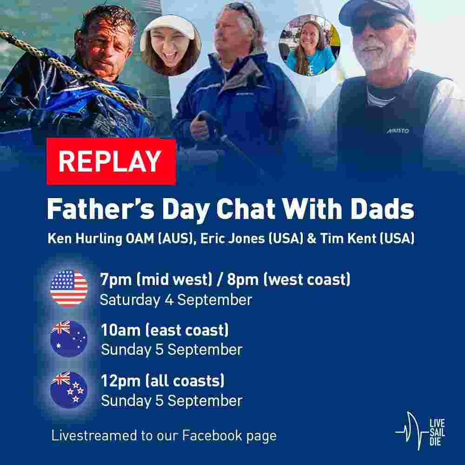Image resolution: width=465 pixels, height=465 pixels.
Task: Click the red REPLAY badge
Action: tap(111, 161)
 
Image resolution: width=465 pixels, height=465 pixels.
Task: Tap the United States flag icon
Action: tap(69, 288)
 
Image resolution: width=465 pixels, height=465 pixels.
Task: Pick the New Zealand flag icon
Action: tap(69, 390)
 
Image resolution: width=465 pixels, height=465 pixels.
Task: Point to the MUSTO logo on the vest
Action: tap(398, 131)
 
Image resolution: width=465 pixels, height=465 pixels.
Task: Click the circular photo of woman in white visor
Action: tap(171, 45)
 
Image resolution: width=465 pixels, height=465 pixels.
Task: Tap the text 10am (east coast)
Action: tap(165, 330)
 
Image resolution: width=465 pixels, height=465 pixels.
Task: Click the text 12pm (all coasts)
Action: tap(163, 381)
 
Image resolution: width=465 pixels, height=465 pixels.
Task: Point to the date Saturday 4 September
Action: tap(176, 300)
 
